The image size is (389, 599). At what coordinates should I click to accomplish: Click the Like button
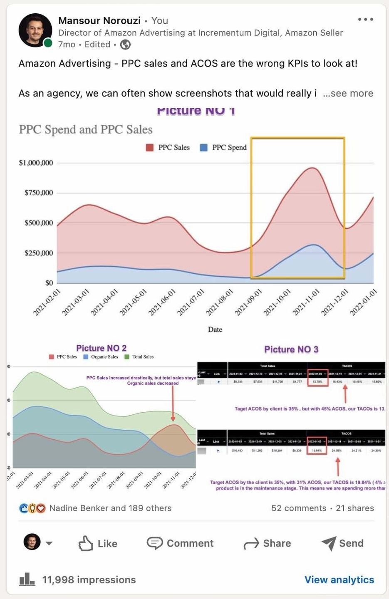click(x=98, y=543)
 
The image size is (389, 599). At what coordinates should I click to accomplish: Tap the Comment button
click(x=180, y=543)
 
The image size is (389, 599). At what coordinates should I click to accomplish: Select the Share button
click(x=267, y=543)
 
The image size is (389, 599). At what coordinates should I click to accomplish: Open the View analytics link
click(x=339, y=579)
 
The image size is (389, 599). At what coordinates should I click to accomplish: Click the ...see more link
click(x=348, y=94)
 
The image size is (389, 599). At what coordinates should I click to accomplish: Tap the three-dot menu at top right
click(x=365, y=20)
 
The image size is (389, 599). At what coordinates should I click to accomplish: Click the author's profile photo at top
click(x=35, y=30)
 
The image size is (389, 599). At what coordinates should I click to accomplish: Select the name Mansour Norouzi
click(x=99, y=20)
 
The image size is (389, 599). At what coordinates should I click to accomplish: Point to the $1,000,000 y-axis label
click(x=36, y=163)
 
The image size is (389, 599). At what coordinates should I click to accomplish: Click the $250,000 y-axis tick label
click(x=39, y=253)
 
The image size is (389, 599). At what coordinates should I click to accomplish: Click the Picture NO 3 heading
click(x=291, y=349)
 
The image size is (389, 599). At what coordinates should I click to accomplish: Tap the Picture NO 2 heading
click(x=101, y=348)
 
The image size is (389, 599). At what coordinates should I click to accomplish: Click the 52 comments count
click(x=299, y=508)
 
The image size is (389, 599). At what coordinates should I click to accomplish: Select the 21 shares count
click(x=355, y=508)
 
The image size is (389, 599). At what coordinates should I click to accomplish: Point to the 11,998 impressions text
click(x=89, y=579)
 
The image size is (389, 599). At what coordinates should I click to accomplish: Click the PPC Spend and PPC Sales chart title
click(x=86, y=129)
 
